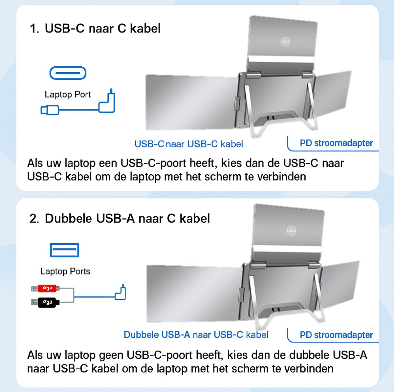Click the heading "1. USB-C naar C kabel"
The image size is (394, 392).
point(95,29)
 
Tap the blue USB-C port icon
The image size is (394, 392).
point(68,73)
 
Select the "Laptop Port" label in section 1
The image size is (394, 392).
point(68,95)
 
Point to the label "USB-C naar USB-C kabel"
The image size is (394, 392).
point(189,144)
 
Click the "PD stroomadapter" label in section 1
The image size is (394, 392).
point(336,143)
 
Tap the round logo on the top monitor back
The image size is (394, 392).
point(285,42)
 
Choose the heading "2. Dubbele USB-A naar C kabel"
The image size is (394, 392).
point(120,219)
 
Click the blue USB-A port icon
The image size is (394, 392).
point(64,250)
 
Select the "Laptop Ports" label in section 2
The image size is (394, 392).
point(65,272)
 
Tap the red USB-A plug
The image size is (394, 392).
point(46,289)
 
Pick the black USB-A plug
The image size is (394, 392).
point(46,302)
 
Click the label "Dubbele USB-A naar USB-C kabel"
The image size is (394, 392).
point(196,335)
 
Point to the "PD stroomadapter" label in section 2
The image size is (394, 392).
point(336,335)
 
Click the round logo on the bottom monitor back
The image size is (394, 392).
point(291,230)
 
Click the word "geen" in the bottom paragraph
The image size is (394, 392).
point(111,355)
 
